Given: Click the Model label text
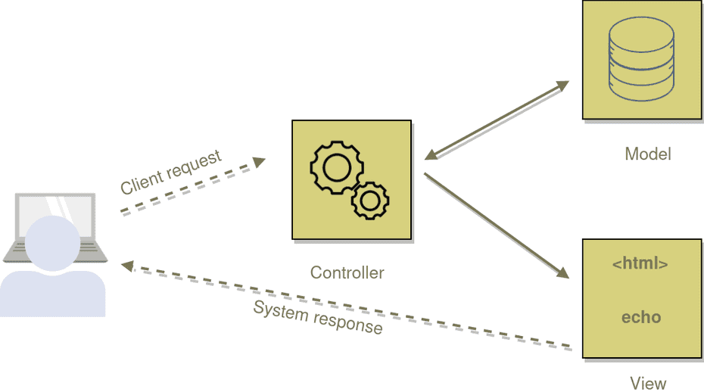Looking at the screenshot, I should click(x=647, y=154).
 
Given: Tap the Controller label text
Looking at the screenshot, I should click(x=347, y=272).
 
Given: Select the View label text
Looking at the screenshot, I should click(x=648, y=383).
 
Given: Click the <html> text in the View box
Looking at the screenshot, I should click(x=640, y=264).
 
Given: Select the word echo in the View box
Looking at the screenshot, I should click(x=640, y=317).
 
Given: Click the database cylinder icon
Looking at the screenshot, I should click(x=641, y=60).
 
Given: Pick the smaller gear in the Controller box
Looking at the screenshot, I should click(x=369, y=201).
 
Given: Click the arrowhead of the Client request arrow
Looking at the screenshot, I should click(x=260, y=161).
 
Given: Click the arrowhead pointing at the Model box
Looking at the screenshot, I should click(x=561, y=85).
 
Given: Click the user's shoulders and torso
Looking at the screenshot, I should click(x=53, y=294).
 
